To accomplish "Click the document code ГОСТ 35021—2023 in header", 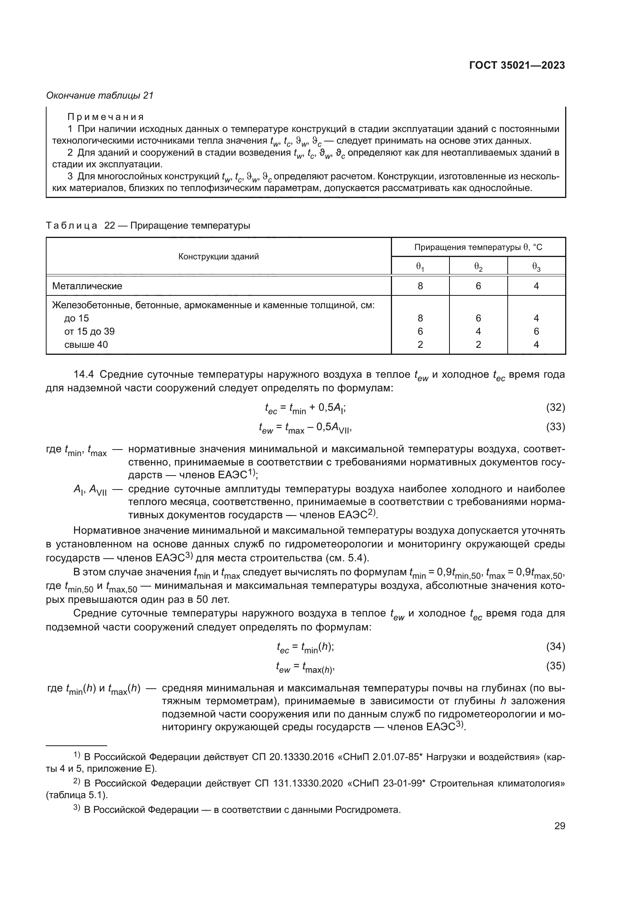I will pos(517,66).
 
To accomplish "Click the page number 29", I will pos(559,826).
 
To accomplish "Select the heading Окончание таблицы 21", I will pos(100,95).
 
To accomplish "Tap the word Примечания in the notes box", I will pos(105,117).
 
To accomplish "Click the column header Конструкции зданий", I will pos(218,257).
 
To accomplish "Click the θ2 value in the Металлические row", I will pos(478,286).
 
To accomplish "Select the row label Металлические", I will pos(87,286).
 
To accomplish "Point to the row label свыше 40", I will pos(86,345).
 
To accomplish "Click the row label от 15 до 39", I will pos(89,332).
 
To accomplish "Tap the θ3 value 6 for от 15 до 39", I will pos(536,332).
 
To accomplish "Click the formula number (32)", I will pos(555,407).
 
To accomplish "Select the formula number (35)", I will pos(555,666).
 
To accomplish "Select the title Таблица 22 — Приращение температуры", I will pos(148,226).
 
